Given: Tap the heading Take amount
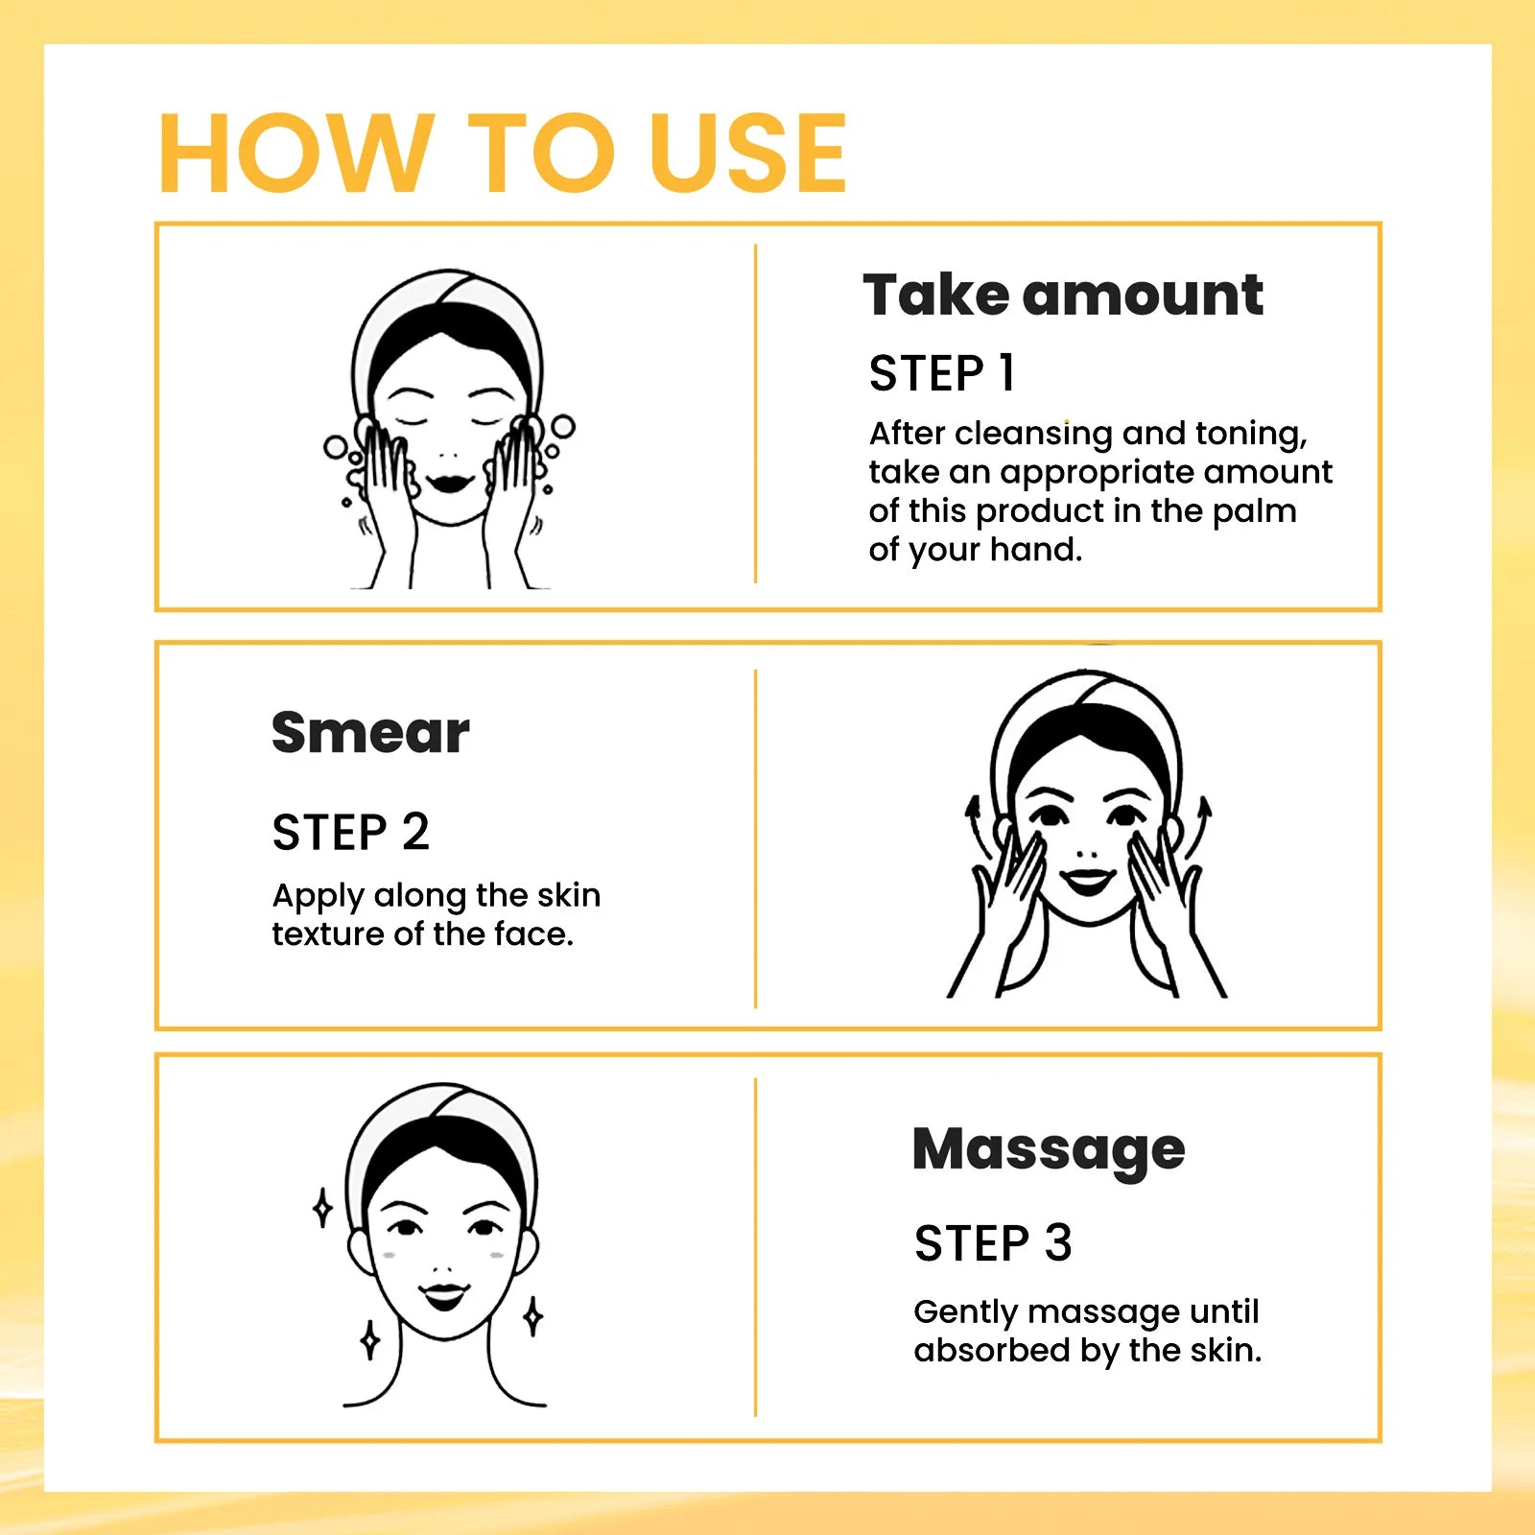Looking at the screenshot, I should pos(1062,295).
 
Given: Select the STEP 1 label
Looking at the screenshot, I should pos(941,373).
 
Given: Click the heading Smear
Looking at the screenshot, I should pos(370,733).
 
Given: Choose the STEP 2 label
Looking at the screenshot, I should pos(350,832).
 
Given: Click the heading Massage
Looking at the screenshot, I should pos(1049,1148).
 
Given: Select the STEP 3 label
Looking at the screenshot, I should pos(992,1243).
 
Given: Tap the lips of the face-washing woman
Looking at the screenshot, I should pos(449,482).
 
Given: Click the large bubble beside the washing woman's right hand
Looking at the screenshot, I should pos(563,426).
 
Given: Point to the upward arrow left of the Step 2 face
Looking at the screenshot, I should pos(978,825).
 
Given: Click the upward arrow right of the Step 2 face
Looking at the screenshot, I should pos(1200,825).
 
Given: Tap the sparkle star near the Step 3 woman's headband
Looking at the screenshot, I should pos(323,1208).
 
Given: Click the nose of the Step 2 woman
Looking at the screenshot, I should pos(1086,852).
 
